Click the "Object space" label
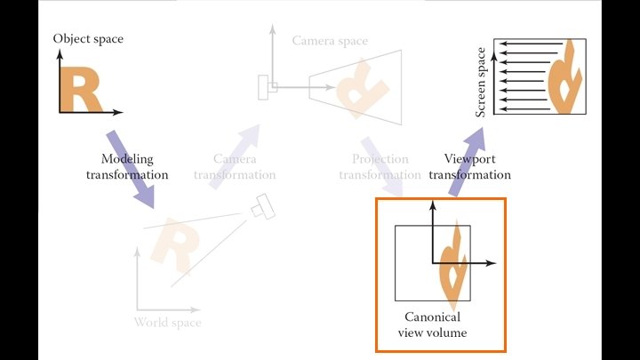(88, 38)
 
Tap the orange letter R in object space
(80, 90)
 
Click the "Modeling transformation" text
(127, 166)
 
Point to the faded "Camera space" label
(330, 41)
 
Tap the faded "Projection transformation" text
(374, 166)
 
